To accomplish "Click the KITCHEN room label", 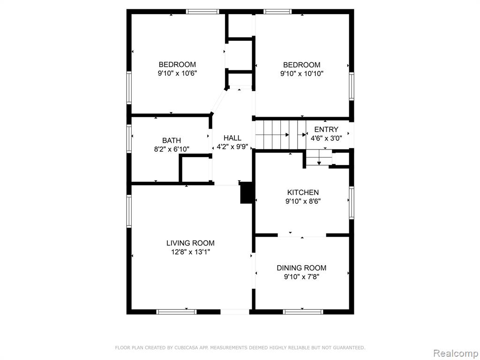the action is [x=303, y=192].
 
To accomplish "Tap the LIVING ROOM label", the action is [x=190, y=243].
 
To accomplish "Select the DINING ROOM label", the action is [x=301, y=268].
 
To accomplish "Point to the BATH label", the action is [x=172, y=141].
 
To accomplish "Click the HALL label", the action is [x=232, y=138].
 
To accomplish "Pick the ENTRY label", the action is [x=326, y=129].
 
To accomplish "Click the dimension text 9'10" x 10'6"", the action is [x=177, y=73].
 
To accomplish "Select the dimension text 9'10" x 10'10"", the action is [x=302, y=74].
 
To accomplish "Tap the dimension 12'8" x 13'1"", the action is [x=190, y=252].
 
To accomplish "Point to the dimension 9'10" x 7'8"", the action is [x=302, y=277].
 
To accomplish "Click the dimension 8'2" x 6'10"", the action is [x=172, y=149].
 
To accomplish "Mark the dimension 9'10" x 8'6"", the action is [x=303, y=201].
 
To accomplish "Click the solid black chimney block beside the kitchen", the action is [x=246, y=193].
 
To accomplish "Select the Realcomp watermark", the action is [x=456, y=353].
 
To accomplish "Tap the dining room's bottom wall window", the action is [x=303, y=312].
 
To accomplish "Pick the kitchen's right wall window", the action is [x=352, y=202].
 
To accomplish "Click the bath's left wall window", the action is [x=129, y=138].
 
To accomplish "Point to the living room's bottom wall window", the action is [x=176, y=312].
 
